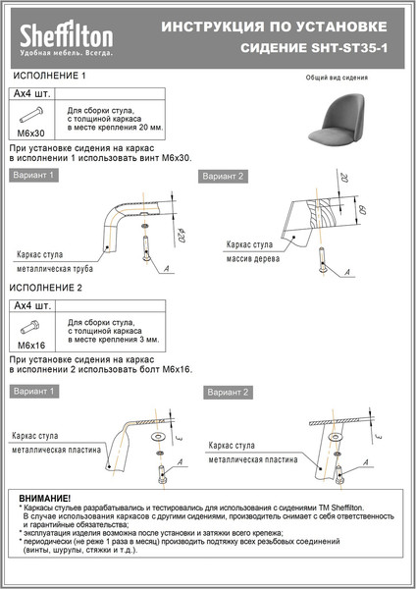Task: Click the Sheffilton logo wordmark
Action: (x=68, y=36)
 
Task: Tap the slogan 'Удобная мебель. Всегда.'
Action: (x=68, y=53)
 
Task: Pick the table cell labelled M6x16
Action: (x=31, y=346)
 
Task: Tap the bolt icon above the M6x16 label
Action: (x=31, y=327)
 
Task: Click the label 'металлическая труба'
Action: (x=56, y=265)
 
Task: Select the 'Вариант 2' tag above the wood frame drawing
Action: (x=222, y=176)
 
